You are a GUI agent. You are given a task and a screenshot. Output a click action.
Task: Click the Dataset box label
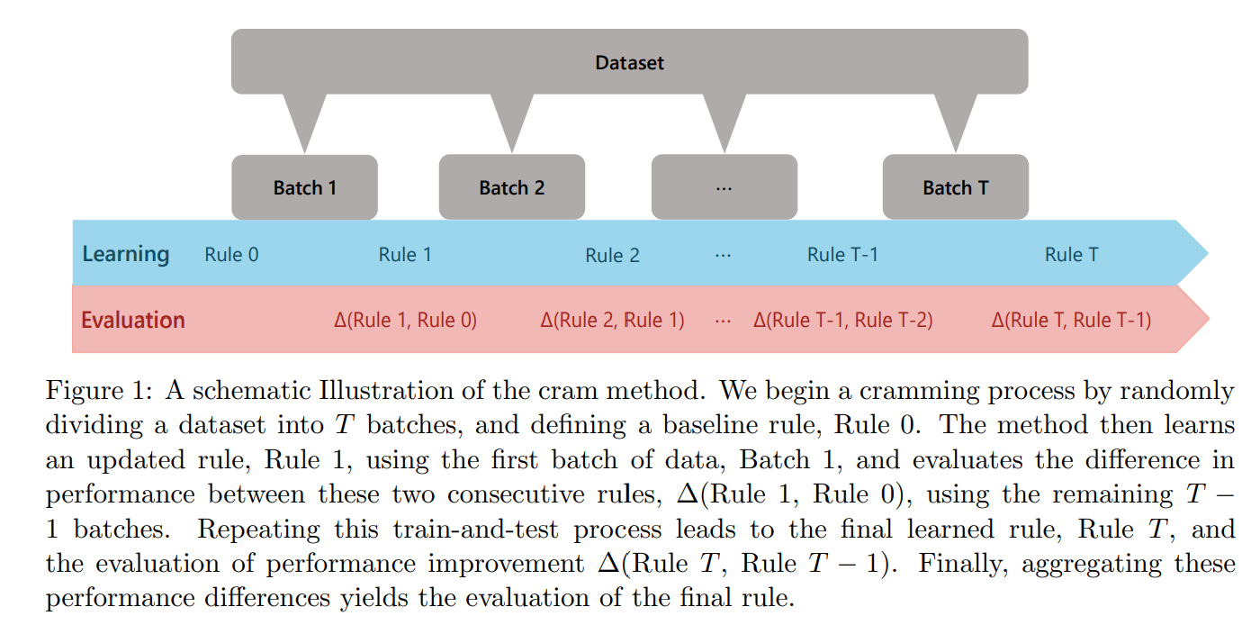(x=629, y=62)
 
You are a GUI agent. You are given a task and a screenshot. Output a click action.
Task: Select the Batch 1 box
(x=304, y=187)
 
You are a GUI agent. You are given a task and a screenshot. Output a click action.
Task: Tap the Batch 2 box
(x=511, y=187)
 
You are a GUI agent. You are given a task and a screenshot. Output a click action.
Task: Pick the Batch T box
(x=956, y=187)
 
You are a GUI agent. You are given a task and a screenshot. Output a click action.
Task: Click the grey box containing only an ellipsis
(x=724, y=187)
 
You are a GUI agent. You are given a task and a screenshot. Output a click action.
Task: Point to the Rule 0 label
(x=232, y=255)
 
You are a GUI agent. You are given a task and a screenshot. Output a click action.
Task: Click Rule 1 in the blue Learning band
(x=406, y=255)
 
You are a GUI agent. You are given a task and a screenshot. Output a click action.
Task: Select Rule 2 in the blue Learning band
(x=612, y=255)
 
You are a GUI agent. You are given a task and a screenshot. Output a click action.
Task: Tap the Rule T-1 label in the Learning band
(x=842, y=255)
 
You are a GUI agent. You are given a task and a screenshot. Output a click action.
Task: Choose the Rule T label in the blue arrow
(x=1072, y=255)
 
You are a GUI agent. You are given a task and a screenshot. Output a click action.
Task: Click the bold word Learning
(x=126, y=255)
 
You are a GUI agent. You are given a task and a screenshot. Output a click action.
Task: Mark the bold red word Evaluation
(x=133, y=320)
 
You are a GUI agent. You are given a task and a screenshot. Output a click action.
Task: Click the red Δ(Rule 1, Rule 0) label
(x=406, y=320)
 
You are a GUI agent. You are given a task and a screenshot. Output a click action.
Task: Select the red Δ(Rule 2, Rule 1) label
(x=612, y=320)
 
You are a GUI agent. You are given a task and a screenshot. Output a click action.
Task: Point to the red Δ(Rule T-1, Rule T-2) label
(x=842, y=320)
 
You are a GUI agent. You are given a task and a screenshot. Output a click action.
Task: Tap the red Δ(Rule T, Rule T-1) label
(x=1071, y=320)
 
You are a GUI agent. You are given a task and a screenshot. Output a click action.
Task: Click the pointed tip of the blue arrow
(x=1208, y=253)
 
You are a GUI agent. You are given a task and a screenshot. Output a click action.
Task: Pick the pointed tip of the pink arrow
(x=1209, y=319)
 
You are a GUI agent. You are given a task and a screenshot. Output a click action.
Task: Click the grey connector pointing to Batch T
(x=956, y=120)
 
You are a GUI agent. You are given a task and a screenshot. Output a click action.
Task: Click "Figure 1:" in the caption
(x=99, y=391)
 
